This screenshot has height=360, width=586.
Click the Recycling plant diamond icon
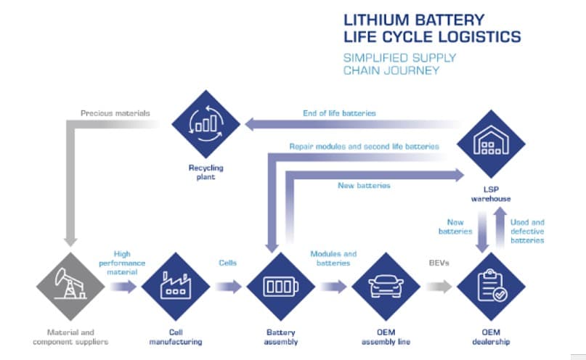205,124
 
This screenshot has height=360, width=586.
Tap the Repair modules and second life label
363,146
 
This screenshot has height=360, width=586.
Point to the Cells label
227,263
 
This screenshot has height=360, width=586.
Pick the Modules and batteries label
333,259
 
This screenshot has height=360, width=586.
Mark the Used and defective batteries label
528,232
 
